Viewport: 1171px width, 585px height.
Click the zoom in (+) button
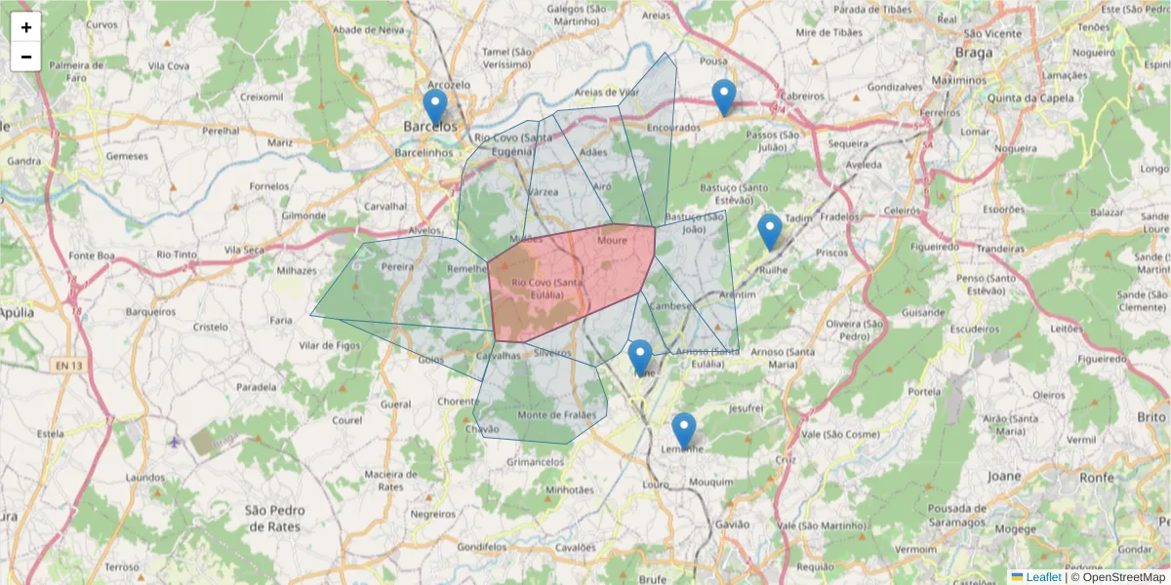[x=26, y=27]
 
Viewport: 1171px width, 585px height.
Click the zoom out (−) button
[x=26, y=57]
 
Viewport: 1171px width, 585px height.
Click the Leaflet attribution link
[x=1043, y=577]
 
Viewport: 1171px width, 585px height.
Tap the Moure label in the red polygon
[x=613, y=240]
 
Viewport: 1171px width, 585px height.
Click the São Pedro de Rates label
[x=274, y=518]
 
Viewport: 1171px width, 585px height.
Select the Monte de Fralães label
[x=556, y=414]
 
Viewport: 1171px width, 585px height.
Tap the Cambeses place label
[x=671, y=305]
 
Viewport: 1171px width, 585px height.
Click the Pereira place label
[x=397, y=265]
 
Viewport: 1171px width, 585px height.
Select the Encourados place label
[x=673, y=127]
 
